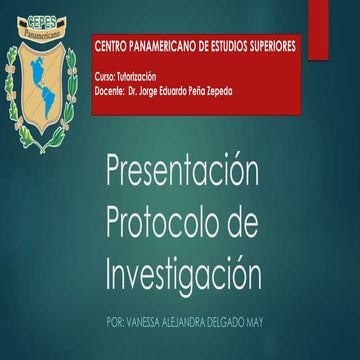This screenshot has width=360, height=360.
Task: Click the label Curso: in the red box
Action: coord(104,76)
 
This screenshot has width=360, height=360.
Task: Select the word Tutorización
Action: coord(139,76)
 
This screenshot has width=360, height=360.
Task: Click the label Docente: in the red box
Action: coord(109,87)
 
